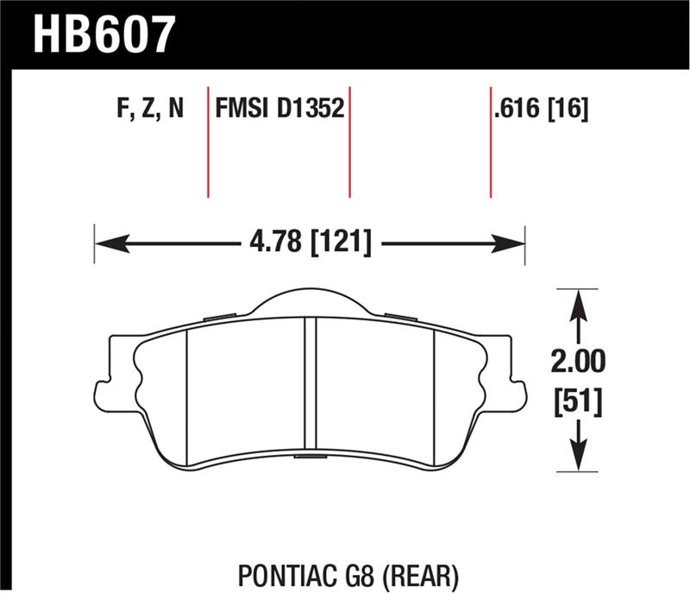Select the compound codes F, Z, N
pyautogui.click(x=149, y=110)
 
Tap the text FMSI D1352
pyautogui.click(x=279, y=110)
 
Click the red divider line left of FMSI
pyautogui.click(x=209, y=142)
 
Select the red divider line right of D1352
pyautogui.click(x=349, y=142)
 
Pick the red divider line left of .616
pyautogui.click(x=490, y=142)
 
